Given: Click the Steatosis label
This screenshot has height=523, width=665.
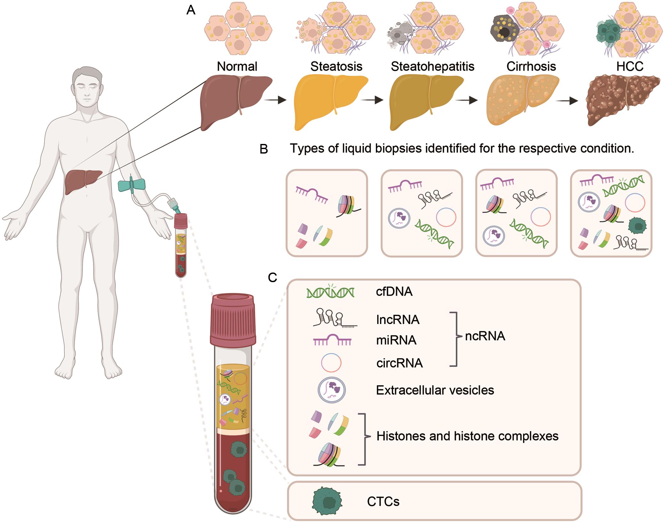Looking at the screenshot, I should [336, 67].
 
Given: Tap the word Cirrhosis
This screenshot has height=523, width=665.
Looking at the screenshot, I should [531, 67].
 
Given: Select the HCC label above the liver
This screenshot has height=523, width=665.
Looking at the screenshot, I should [630, 66].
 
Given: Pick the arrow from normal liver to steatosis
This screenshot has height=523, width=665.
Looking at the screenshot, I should [275, 100].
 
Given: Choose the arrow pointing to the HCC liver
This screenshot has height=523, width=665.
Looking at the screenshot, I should [566, 101].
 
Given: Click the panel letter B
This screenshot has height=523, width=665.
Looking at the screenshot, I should [264, 149].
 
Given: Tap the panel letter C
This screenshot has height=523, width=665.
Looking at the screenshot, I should [272, 278].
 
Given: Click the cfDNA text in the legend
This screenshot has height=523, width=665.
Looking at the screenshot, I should [394, 292].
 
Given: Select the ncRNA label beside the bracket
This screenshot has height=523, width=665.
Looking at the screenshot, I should [485, 336].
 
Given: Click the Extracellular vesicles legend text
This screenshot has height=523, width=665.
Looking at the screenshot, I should [435, 390].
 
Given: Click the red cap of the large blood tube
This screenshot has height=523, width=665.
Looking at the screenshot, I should [233, 320].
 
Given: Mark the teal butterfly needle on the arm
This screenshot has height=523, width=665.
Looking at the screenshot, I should [131, 185].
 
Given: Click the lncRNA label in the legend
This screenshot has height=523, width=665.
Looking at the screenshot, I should [398, 320].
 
